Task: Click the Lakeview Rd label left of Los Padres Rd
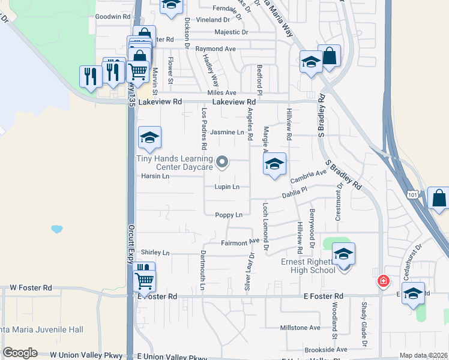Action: pos(160,103)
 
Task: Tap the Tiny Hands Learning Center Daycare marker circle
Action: pos(222,161)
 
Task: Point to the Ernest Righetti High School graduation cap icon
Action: pos(343,254)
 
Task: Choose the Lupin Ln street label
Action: pos(227,187)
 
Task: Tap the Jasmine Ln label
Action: pos(231,132)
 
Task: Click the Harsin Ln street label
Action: pos(155,176)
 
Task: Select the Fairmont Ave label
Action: pos(240,243)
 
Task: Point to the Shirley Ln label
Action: pos(155,253)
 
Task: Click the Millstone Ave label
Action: pos(301,328)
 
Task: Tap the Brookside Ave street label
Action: pos(326,349)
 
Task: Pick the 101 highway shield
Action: pos(412,194)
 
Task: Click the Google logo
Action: pos(20,353)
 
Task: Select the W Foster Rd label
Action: pos(30,287)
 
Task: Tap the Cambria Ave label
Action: pos(308,177)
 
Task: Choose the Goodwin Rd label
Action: pos(113,17)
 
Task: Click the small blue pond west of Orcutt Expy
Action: pos(57,229)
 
